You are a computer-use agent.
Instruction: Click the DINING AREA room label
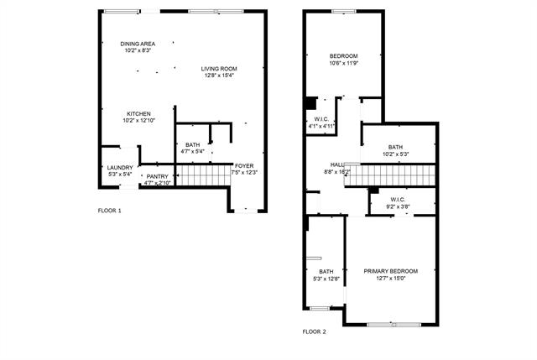pos(138,44)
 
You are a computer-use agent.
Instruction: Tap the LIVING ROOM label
pos(219,69)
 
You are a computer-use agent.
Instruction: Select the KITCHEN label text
pos(138,114)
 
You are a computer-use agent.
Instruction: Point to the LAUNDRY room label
pos(120,168)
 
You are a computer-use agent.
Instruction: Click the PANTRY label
pos(158,176)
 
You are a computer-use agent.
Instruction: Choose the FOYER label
pos(244,166)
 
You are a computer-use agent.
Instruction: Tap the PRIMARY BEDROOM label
pos(391,271)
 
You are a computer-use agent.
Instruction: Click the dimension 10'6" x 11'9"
pos(344,63)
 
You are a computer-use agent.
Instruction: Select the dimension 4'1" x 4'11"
pos(321,126)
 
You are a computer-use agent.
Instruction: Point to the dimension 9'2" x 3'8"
pos(398,206)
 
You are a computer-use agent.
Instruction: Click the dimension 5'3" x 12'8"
pos(326,279)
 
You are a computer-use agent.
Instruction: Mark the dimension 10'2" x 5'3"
pos(395,154)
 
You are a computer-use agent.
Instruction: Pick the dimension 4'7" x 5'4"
pos(192,151)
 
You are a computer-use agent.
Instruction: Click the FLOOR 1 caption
pos(110,211)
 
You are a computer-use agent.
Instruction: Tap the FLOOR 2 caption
pos(315,331)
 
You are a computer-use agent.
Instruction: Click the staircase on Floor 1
pos(203,175)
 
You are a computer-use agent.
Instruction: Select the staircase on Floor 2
pos(389,175)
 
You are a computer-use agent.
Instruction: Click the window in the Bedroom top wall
pos(344,11)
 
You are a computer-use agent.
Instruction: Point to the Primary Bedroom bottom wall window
pos(394,324)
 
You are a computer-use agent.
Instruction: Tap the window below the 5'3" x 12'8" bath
pos(320,308)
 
